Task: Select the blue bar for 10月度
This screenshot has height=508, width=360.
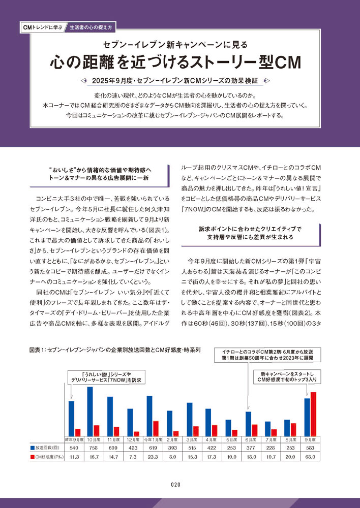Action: pyautogui.click(x=90, y=411)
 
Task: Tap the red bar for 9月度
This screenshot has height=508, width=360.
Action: pyautogui.click(x=314, y=414)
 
